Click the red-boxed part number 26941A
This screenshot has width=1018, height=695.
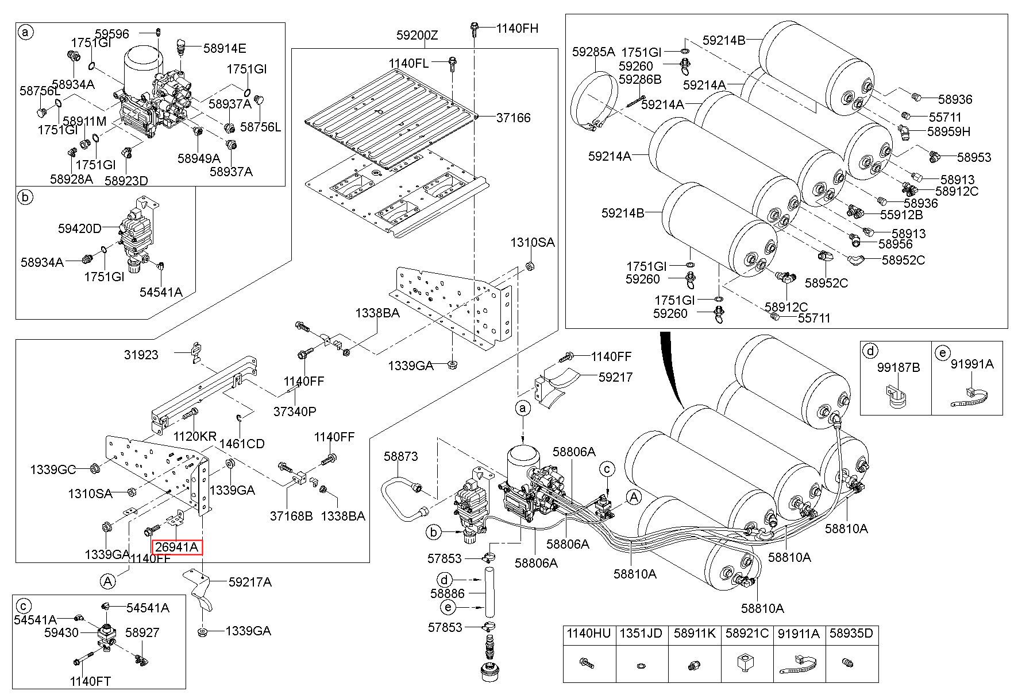click(x=176, y=548)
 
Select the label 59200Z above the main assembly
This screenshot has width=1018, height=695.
click(x=417, y=36)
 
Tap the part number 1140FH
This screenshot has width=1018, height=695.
click(x=517, y=28)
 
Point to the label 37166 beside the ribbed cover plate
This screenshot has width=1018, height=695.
click(x=514, y=118)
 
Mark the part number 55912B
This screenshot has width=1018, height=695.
click(x=901, y=215)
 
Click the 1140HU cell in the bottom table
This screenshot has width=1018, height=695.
click(x=589, y=634)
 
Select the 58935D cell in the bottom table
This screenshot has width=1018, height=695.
click(x=852, y=634)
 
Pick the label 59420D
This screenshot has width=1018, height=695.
click(x=79, y=228)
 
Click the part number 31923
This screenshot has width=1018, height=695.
click(x=141, y=355)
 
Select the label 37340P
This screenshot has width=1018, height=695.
click(x=295, y=411)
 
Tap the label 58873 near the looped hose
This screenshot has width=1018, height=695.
click(x=401, y=456)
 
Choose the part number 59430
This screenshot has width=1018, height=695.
click(x=61, y=632)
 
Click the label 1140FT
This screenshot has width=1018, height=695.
click(x=90, y=681)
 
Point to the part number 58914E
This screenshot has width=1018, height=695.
click(x=225, y=48)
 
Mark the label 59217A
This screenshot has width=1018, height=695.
click(x=250, y=582)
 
